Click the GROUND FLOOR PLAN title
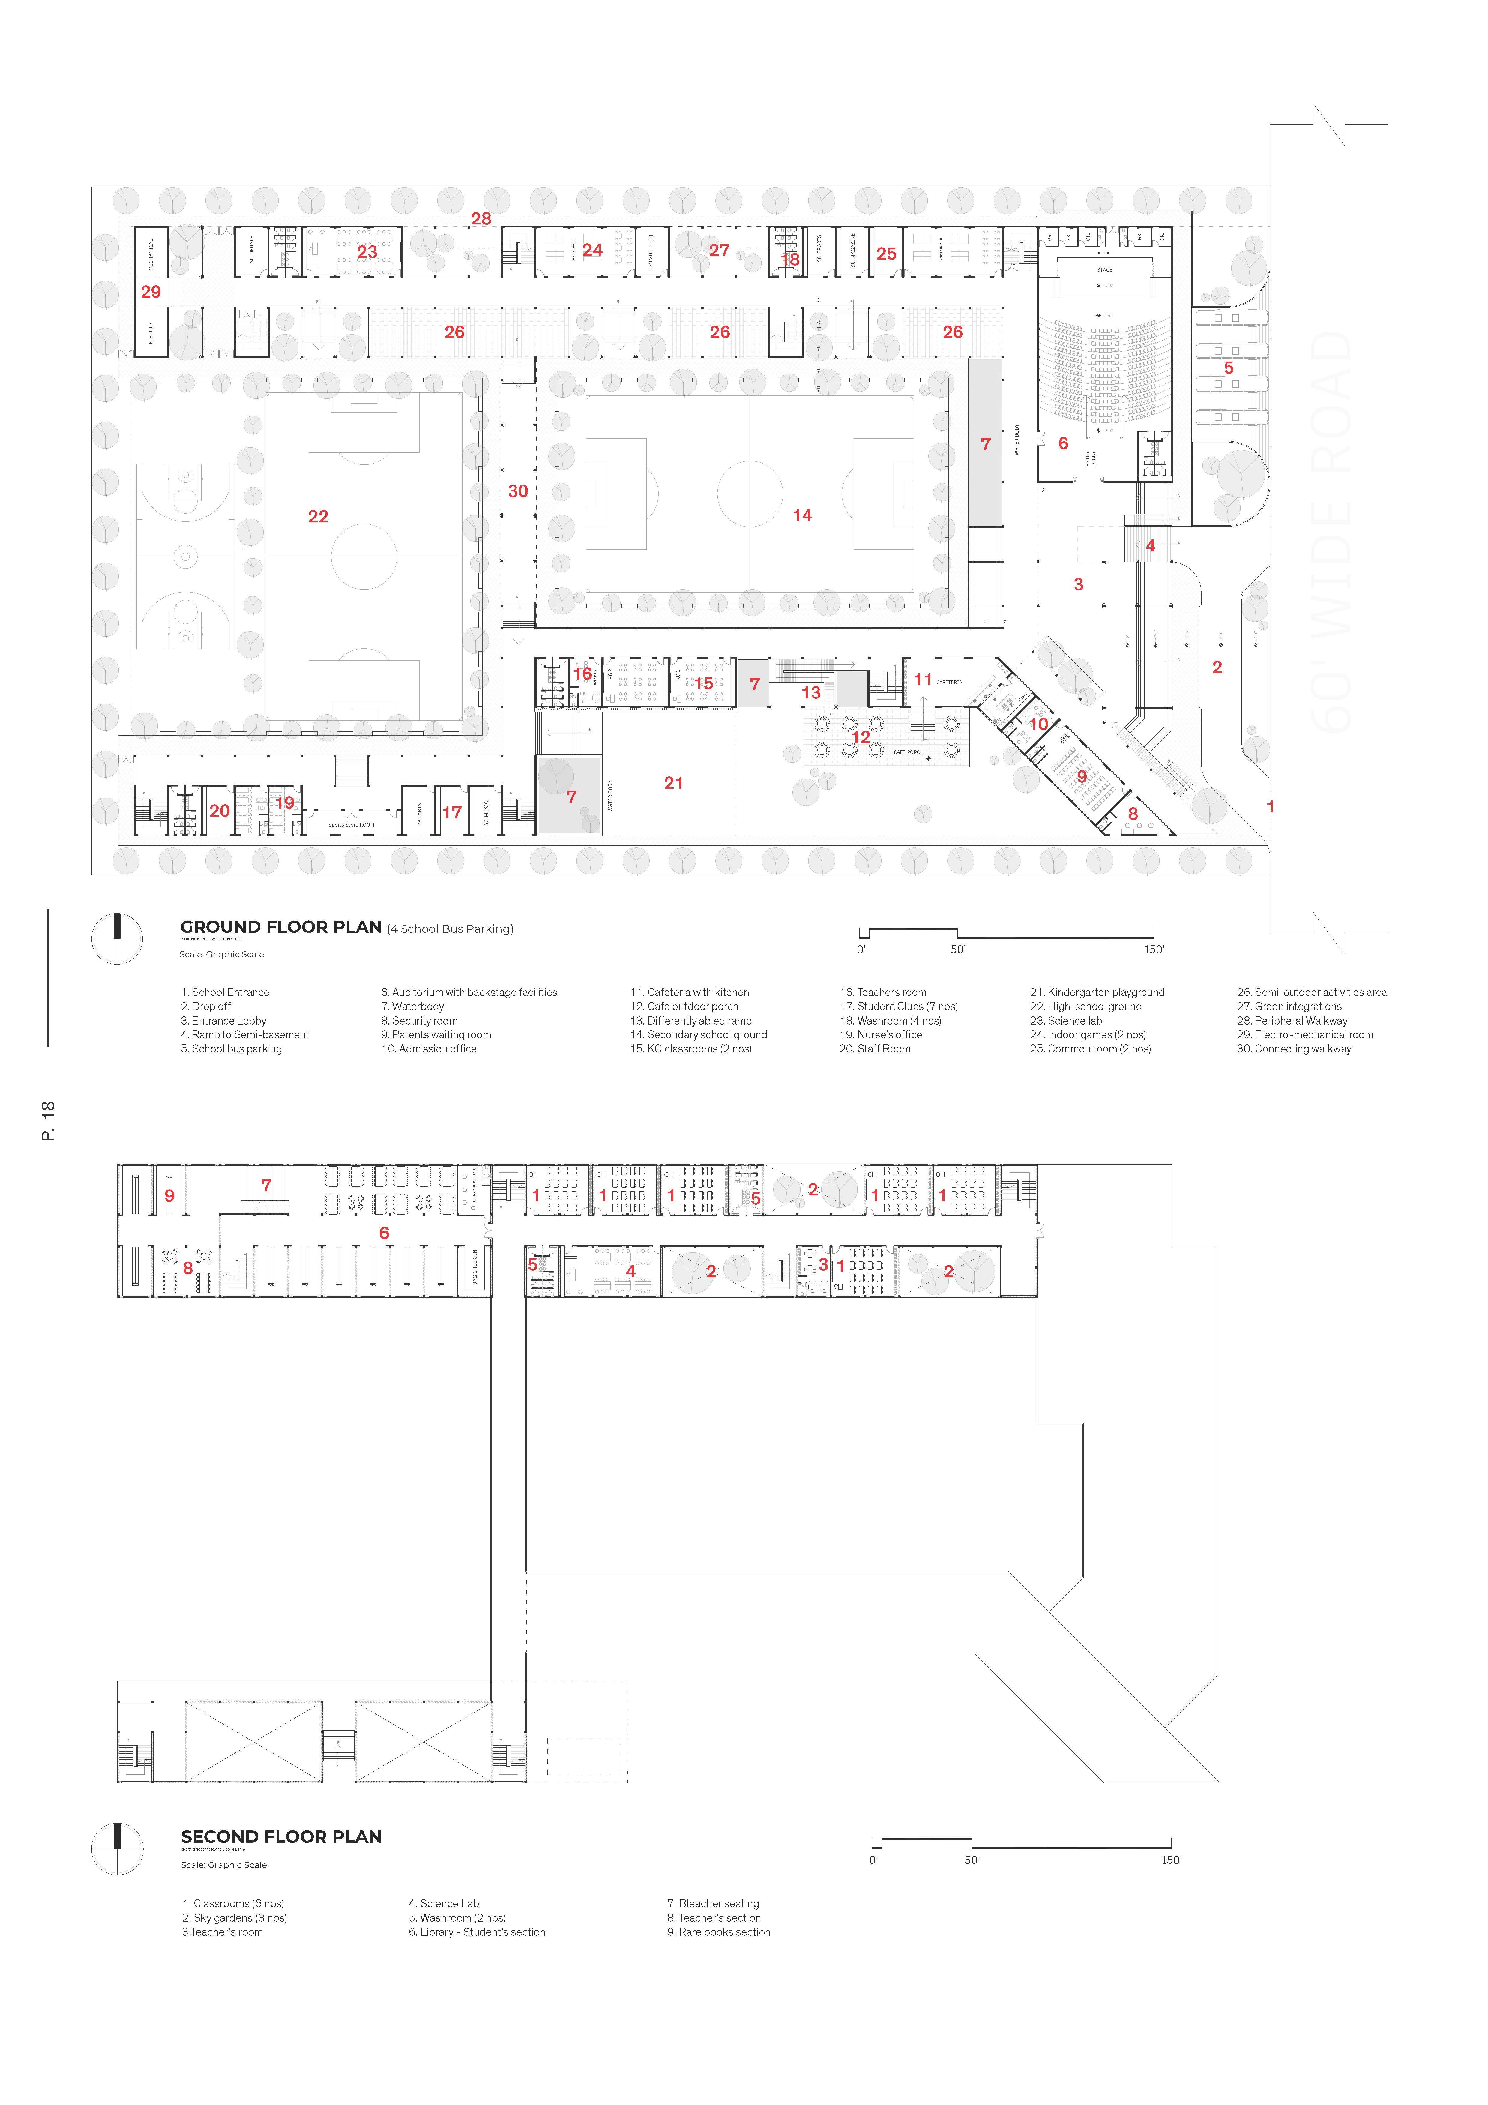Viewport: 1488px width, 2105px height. (x=280, y=927)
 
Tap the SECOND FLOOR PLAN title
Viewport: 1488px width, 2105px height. (x=280, y=1836)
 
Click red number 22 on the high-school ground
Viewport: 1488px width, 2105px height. (x=318, y=516)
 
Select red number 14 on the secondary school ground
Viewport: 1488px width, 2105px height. (x=802, y=515)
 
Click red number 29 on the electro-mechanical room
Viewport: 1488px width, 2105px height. (x=150, y=292)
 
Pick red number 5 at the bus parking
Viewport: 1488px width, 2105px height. (x=1229, y=368)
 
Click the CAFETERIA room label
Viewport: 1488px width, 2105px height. (x=949, y=682)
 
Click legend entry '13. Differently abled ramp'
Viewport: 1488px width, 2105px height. (x=690, y=1020)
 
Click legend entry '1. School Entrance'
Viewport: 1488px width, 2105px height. (x=226, y=992)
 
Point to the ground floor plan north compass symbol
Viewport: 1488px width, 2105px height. (x=117, y=939)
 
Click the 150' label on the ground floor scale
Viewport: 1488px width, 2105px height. (x=1153, y=950)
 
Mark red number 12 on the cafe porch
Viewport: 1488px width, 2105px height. (x=861, y=736)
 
